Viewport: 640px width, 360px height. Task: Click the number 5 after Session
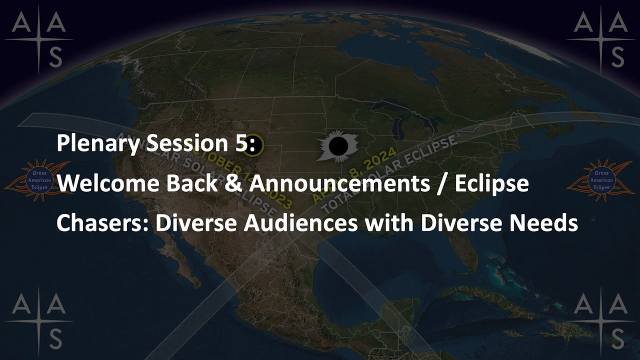(242, 144)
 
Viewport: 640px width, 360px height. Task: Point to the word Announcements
(339, 184)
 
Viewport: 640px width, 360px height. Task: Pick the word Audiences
(300, 223)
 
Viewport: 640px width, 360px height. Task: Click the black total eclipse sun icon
(338, 146)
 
